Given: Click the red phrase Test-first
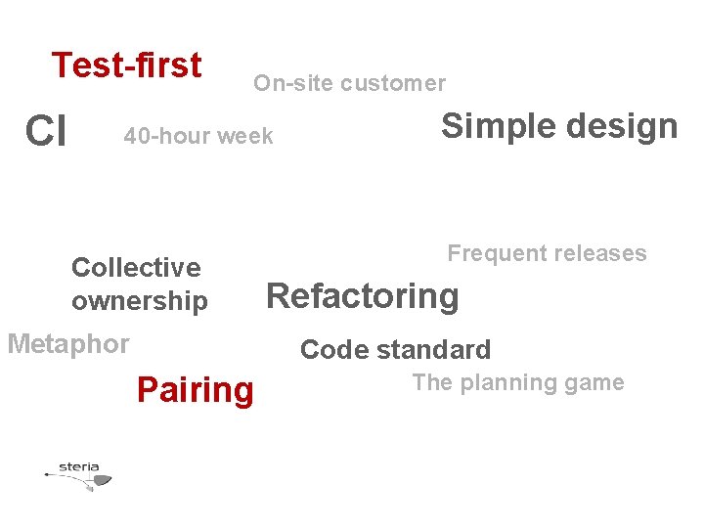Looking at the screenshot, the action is tap(126, 66).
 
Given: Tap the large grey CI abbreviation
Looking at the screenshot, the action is tap(46, 131).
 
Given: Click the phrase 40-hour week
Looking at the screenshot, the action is tap(198, 136).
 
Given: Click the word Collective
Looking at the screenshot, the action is tap(136, 267).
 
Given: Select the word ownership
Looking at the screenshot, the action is tap(140, 301).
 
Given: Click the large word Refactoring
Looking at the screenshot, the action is tap(363, 295).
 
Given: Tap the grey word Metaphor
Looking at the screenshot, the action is tap(68, 344).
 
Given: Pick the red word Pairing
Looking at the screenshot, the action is tap(196, 390).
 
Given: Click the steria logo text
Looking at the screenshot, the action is tap(79, 465).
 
